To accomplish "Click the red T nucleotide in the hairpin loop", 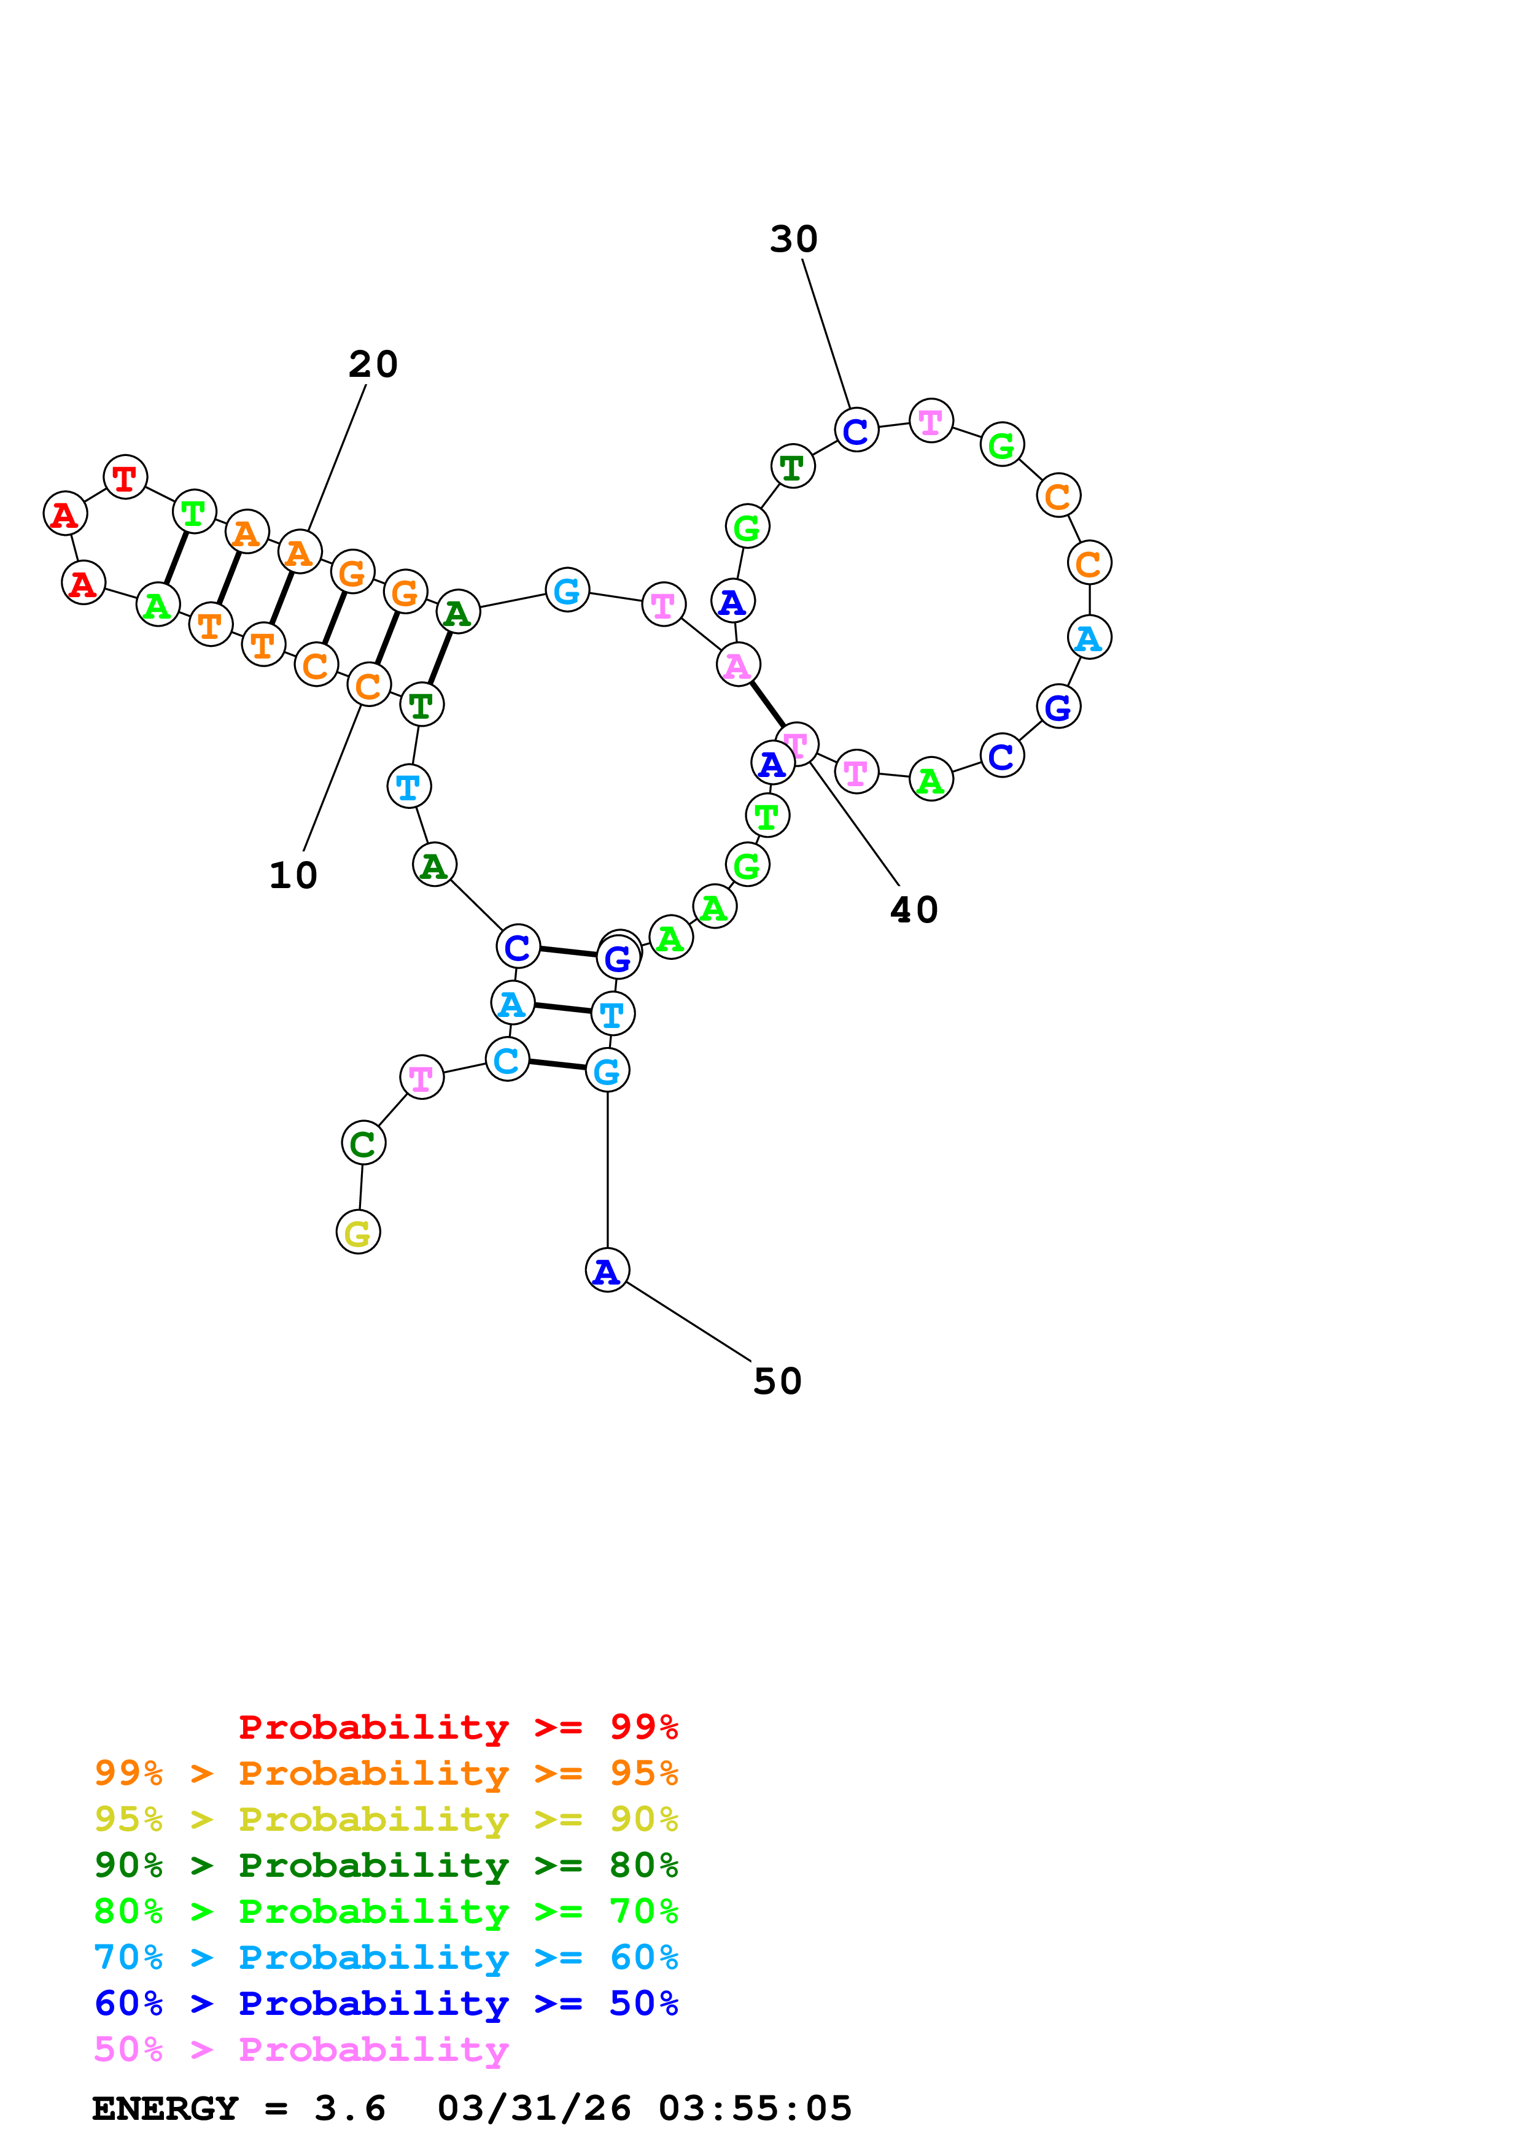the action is click(125, 478).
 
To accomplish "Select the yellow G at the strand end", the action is click(358, 1233).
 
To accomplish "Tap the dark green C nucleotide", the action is click(363, 1143).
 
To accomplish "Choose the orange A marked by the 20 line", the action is click(299, 552).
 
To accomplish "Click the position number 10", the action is click(293, 876).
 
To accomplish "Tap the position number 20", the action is click(373, 365).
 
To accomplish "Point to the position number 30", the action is click(793, 240).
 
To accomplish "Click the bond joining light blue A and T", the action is click(562, 1009).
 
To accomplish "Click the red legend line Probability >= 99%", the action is click(457, 1727).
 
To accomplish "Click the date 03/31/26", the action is click(534, 2109).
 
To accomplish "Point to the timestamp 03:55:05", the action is click(755, 2109).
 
